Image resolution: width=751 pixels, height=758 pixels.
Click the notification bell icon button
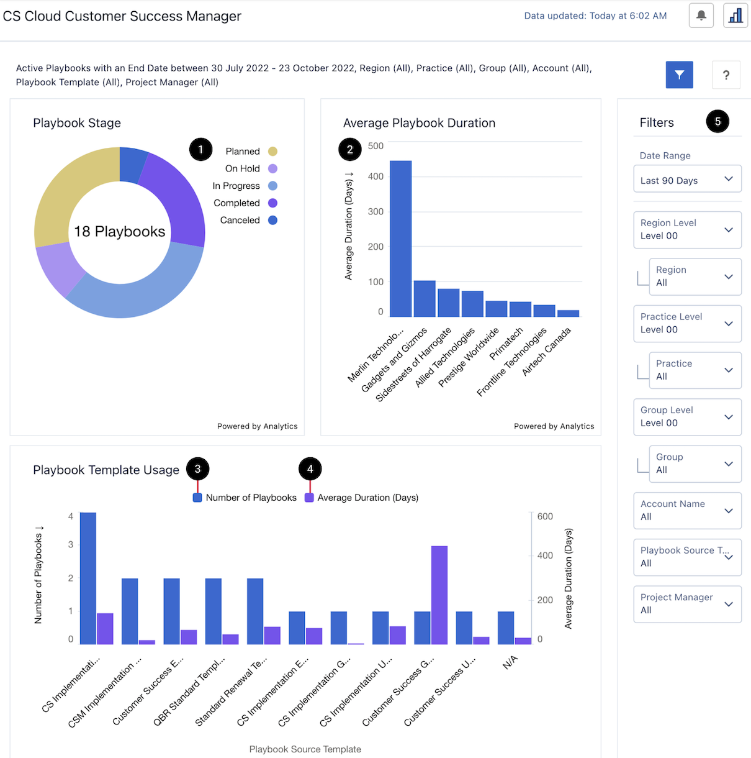(701, 16)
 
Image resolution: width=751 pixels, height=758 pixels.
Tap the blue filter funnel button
(679, 75)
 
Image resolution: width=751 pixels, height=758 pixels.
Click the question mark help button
(726, 75)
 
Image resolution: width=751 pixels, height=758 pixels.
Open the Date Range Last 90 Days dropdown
(687, 180)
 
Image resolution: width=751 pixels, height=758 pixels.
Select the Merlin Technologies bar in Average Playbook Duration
(400, 239)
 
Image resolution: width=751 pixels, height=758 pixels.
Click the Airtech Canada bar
(568, 313)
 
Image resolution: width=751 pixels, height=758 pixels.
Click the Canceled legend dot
(272, 220)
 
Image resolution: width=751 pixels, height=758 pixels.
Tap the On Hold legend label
(242, 168)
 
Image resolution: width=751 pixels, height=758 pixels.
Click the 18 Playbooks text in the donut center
(119, 232)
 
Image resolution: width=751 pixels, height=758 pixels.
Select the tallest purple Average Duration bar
(439, 595)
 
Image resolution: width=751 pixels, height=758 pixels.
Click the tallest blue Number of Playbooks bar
(88, 578)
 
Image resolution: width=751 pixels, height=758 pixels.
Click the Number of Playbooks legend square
(197, 498)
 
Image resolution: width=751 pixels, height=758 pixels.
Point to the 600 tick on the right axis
(545, 516)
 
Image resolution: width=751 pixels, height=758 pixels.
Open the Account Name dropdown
(687, 511)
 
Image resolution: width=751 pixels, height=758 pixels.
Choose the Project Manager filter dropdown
(687, 604)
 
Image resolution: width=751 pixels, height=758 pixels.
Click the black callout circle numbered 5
(717, 121)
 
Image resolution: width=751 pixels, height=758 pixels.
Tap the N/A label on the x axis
(510, 662)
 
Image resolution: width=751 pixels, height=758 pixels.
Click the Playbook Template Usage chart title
(106, 470)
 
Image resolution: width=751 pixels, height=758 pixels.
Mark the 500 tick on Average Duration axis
(375, 146)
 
